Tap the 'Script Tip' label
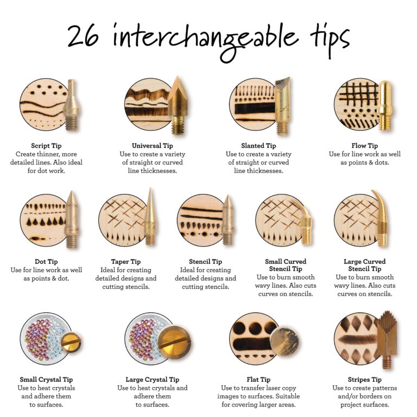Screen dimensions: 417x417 (46, 146)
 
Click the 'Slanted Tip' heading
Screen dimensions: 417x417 (258, 146)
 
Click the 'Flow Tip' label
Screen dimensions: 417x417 (364, 146)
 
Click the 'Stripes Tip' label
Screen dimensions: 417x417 (364, 380)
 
